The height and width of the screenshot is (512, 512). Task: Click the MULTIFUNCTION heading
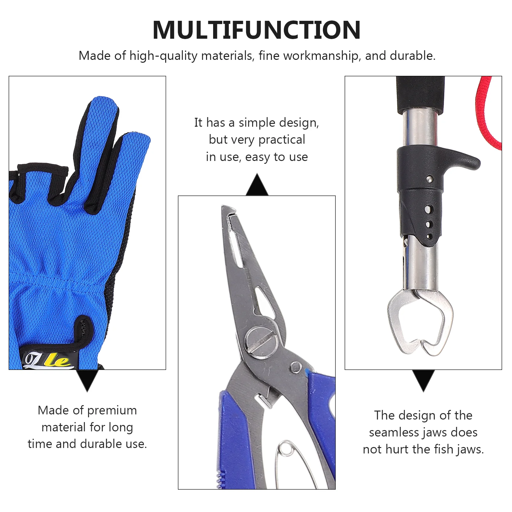coord(257,30)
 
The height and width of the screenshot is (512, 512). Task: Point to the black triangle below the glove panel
coord(87,380)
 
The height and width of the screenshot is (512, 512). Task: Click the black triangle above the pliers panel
coord(257,185)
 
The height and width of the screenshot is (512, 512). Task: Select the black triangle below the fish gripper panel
coord(423,380)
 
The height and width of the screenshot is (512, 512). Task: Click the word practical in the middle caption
coord(282,140)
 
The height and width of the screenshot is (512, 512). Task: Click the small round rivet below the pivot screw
coord(295,366)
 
